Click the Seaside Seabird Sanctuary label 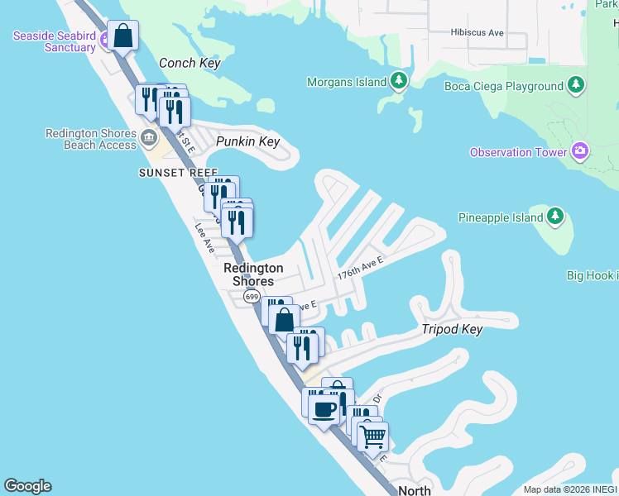click(x=54, y=41)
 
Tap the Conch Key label click(x=189, y=63)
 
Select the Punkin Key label click(x=247, y=141)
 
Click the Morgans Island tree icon click(x=400, y=81)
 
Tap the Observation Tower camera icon click(x=580, y=151)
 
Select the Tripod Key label click(x=452, y=329)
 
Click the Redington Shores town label click(x=253, y=274)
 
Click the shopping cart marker click(x=373, y=436)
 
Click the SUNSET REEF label click(x=178, y=172)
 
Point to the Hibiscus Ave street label click(x=477, y=32)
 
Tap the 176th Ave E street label click(x=360, y=268)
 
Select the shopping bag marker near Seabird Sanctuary click(x=122, y=36)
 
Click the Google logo click(x=27, y=486)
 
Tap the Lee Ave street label click(x=204, y=238)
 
